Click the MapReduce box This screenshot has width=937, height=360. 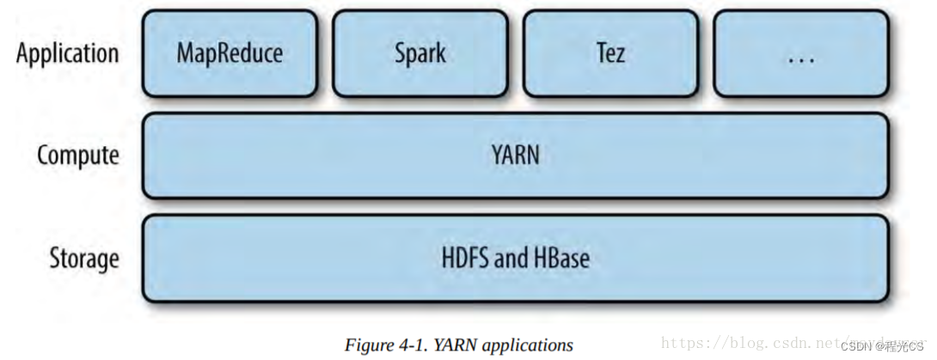point(230,53)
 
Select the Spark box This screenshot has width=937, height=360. point(420,53)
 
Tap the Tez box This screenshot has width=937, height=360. point(610,53)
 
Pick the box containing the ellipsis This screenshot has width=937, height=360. point(800,53)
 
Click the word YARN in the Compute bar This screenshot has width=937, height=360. point(516,156)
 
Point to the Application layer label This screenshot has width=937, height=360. point(67,53)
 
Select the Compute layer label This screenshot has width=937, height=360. point(77,156)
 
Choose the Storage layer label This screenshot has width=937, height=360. point(83,258)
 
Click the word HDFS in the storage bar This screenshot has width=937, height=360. point(465,258)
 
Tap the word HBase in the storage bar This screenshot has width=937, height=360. point(560,258)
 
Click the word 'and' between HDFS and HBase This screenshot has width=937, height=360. point(511,258)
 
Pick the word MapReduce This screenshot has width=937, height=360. point(230,53)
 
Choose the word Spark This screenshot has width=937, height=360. point(420,53)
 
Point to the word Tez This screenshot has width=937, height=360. point(610,53)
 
